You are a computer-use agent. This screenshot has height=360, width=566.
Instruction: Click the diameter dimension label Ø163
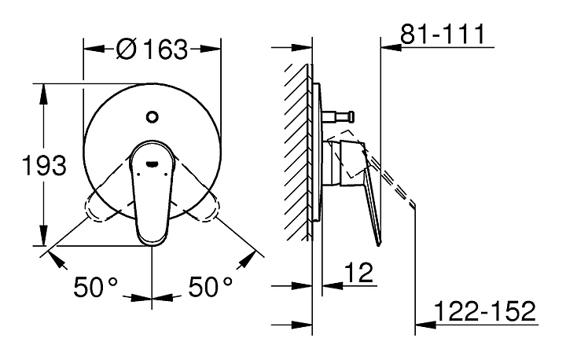pyautogui.click(x=152, y=49)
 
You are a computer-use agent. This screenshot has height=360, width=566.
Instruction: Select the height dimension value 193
pyautogui.click(x=44, y=165)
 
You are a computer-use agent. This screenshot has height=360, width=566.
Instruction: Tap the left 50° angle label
pyautogui.click(x=96, y=287)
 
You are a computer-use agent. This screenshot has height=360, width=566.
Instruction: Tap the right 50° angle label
pyautogui.click(x=211, y=287)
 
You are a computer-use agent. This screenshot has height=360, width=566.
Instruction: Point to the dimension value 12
pyautogui.click(x=358, y=272)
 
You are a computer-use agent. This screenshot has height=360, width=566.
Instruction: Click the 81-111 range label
pyautogui.click(x=442, y=34)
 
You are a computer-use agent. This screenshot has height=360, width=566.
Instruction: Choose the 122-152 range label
pyautogui.click(x=485, y=310)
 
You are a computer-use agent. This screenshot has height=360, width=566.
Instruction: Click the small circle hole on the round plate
pyautogui.click(x=153, y=116)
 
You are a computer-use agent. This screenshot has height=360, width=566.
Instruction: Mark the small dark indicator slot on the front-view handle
pyautogui.click(x=153, y=164)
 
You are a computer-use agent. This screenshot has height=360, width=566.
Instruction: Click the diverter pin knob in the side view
pyautogui.click(x=349, y=116)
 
